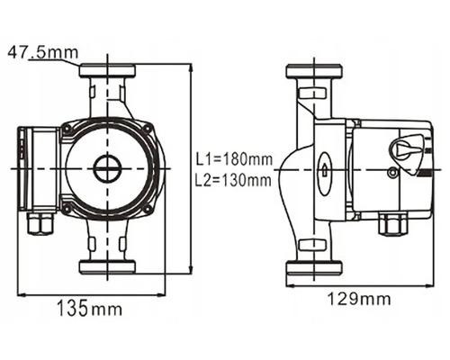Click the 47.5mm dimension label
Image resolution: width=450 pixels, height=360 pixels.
(x=42, y=52)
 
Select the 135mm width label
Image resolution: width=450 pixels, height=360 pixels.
(x=89, y=308)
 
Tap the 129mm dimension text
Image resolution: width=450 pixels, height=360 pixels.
(x=359, y=299)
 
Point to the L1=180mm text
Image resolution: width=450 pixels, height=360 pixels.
(x=234, y=159)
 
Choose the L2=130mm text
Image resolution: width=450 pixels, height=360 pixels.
(x=233, y=181)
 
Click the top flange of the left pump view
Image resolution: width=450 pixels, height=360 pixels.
(x=107, y=70)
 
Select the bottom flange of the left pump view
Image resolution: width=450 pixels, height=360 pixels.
(x=107, y=267)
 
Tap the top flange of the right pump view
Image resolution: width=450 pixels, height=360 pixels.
(x=314, y=71)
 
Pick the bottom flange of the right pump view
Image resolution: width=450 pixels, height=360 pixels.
(x=314, y=267)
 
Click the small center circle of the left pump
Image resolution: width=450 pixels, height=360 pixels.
(x=107, y=168)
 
